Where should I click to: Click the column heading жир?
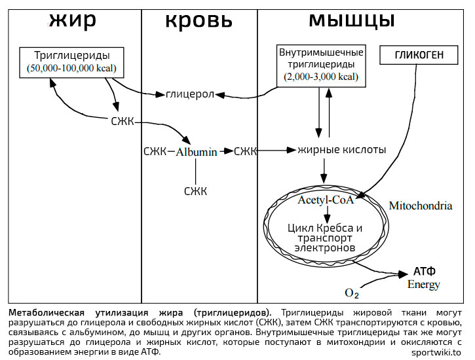point(72,20)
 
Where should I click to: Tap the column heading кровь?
point(199,20)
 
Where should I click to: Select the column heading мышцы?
point(351,20)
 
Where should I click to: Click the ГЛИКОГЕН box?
point(419,56)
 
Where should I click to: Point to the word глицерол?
point(190,95)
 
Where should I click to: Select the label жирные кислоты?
point(342,150)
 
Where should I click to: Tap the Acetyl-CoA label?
point(326,200)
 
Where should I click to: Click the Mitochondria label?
point(421,206)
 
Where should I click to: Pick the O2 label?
point(352,291)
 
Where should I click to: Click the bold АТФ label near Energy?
point(425,271)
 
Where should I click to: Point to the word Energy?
point(424,285)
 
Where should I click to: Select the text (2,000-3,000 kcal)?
point(321,77)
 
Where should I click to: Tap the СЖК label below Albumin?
point(195,191)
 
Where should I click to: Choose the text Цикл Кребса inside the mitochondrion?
point(325,228)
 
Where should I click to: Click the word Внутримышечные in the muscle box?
point(321,52)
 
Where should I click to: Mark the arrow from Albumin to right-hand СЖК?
point(226,152)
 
